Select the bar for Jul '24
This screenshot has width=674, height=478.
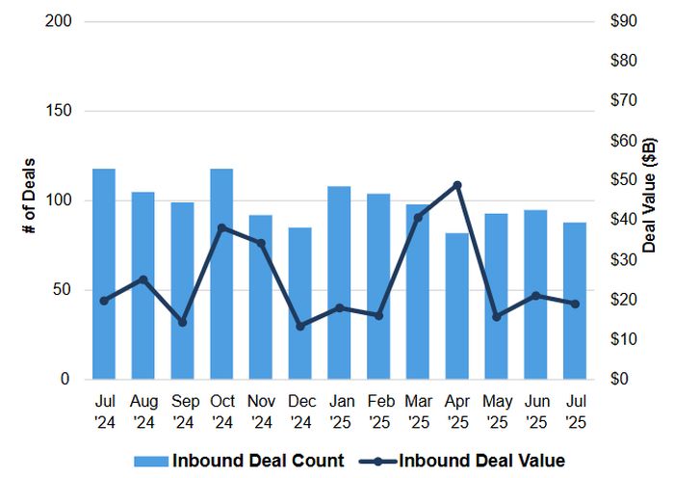pyautogui.click(x=104, y=275)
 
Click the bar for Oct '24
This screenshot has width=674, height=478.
pyautogui.click(x=221, y=275)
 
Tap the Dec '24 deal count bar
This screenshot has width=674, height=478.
pyautogui.click(x=300, y=304)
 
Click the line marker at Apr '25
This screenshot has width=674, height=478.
pyautogui.click(x=457, y=185)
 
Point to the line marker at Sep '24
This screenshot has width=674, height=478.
pyautogui.click(x=182, y=322)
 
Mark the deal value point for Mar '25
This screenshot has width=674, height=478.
pyautogui.click(x=418, y=217)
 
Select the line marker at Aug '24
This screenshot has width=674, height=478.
pyautogui.click(x=143, y=279)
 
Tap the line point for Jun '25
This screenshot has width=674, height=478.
pyautogui.click(x=536, y=296)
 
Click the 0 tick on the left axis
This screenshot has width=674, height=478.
pyautogui.click(x=65, y=380)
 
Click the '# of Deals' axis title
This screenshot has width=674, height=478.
pyautogui.click(x=29, y=199)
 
